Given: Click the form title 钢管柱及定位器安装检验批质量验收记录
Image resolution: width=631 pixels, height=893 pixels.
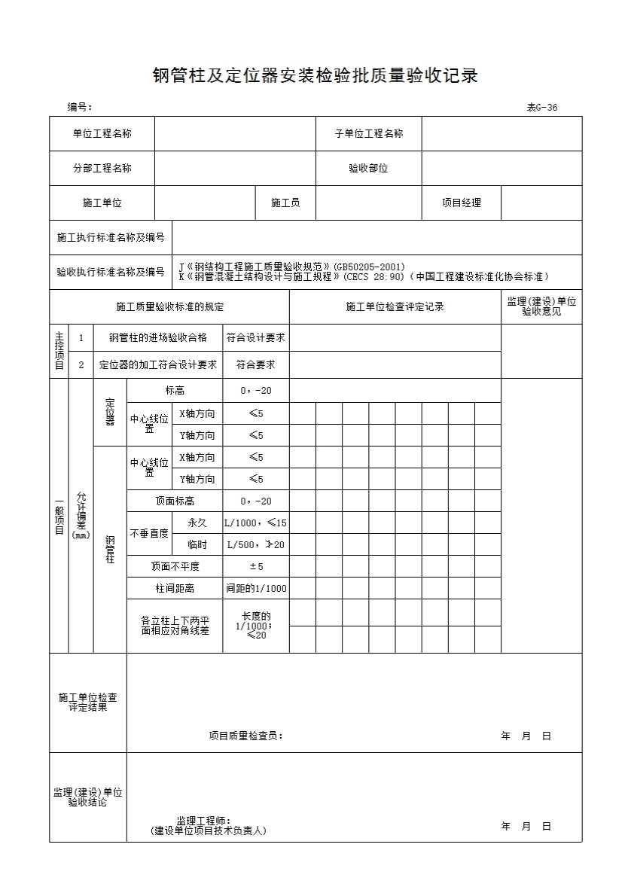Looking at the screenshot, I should pos(315,75).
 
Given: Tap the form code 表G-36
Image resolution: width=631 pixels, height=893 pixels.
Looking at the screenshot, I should pos(542,108).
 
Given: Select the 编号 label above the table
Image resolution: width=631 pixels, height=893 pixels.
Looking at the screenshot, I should pos(79,108).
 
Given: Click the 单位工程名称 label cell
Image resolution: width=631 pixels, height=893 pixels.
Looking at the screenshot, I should pos(102,134).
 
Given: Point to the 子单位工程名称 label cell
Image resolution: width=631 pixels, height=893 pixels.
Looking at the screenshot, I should pos(368,134).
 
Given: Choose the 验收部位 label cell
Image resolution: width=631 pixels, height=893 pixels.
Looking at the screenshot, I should pos(368,169).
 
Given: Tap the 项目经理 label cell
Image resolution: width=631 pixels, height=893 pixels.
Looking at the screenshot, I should pos(461,203).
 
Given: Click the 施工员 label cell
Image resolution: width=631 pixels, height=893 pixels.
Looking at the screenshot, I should pos(285,203).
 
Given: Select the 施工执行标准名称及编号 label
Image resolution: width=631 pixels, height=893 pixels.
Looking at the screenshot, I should pos(111,238).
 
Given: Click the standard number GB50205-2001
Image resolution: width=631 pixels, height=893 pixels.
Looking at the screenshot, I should pos(374,267).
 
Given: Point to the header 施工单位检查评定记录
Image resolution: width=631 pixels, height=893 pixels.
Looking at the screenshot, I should pos(395,306).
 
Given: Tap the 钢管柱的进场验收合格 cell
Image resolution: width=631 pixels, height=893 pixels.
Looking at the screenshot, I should pos(158,338).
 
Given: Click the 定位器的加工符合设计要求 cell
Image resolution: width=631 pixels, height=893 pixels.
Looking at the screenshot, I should pos(158,365).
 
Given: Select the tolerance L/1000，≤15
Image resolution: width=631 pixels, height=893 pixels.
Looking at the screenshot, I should pos(255,523).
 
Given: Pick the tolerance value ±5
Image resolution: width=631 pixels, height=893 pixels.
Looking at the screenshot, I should pos(255,566).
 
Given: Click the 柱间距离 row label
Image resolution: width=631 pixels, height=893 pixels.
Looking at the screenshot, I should pos(174,588).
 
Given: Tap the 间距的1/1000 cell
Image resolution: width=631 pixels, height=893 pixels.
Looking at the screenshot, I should pos(256,588).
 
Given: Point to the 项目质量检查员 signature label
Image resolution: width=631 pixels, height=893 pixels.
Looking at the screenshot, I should pos(245,736).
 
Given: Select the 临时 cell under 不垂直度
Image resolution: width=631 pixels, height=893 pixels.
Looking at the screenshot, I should pos(197,545).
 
